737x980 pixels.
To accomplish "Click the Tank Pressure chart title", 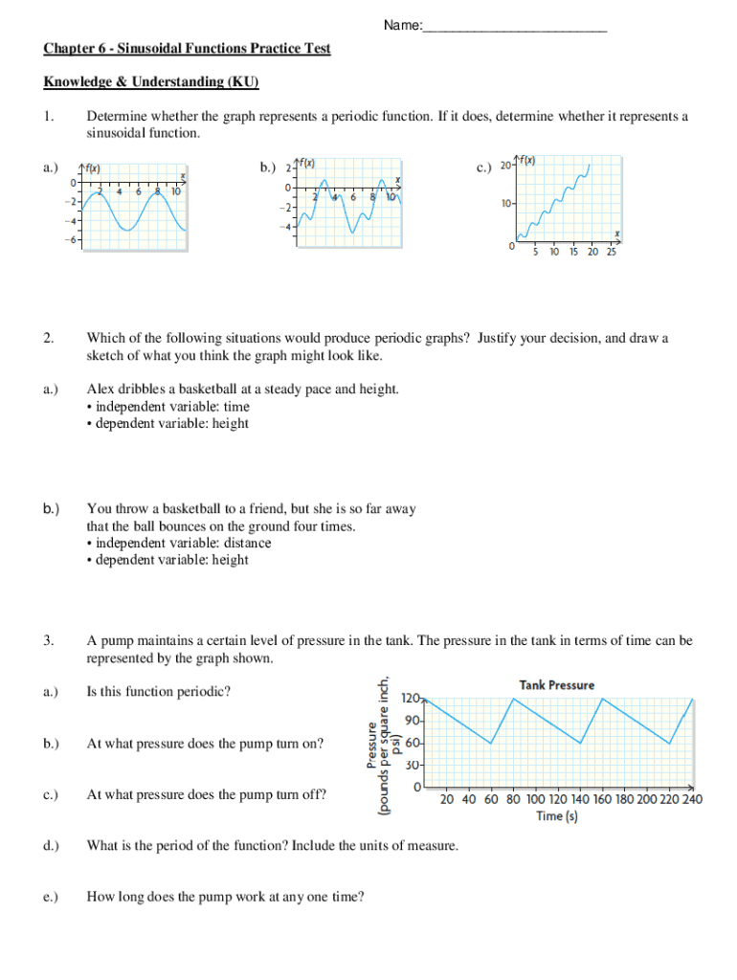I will pyautogui.click(x=556, y=685).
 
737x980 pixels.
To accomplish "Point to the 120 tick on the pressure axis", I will pyautogui.click(x=412, y=699).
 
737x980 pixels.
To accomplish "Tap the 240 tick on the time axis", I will pyautogui.click(x=690, y=800).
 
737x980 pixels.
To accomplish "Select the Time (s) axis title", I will pyautogui.click(x=556, y=816).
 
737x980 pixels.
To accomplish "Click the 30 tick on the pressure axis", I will pyautogui.click(x=413, y=766).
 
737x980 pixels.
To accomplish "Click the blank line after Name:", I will pyautogui.click(x=515, y=26).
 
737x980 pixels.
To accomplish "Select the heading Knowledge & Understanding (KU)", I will pyautogui.click(x=151, y=81).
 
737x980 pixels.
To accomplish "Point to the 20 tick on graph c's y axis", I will pyautogui.click(x=506, y=165).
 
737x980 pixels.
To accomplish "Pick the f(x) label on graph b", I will pyautogui.click(x=307, y=163).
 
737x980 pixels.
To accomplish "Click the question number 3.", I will pyautogui.click(x=48, y=641).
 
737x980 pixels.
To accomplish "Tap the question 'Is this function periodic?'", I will pyautogui.click(x=158, y=692).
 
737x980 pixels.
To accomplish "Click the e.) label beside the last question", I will pyautogui.click(x=51, y=897).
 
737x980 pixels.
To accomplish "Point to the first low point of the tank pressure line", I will pyautogui.click(x=491, y=744).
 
